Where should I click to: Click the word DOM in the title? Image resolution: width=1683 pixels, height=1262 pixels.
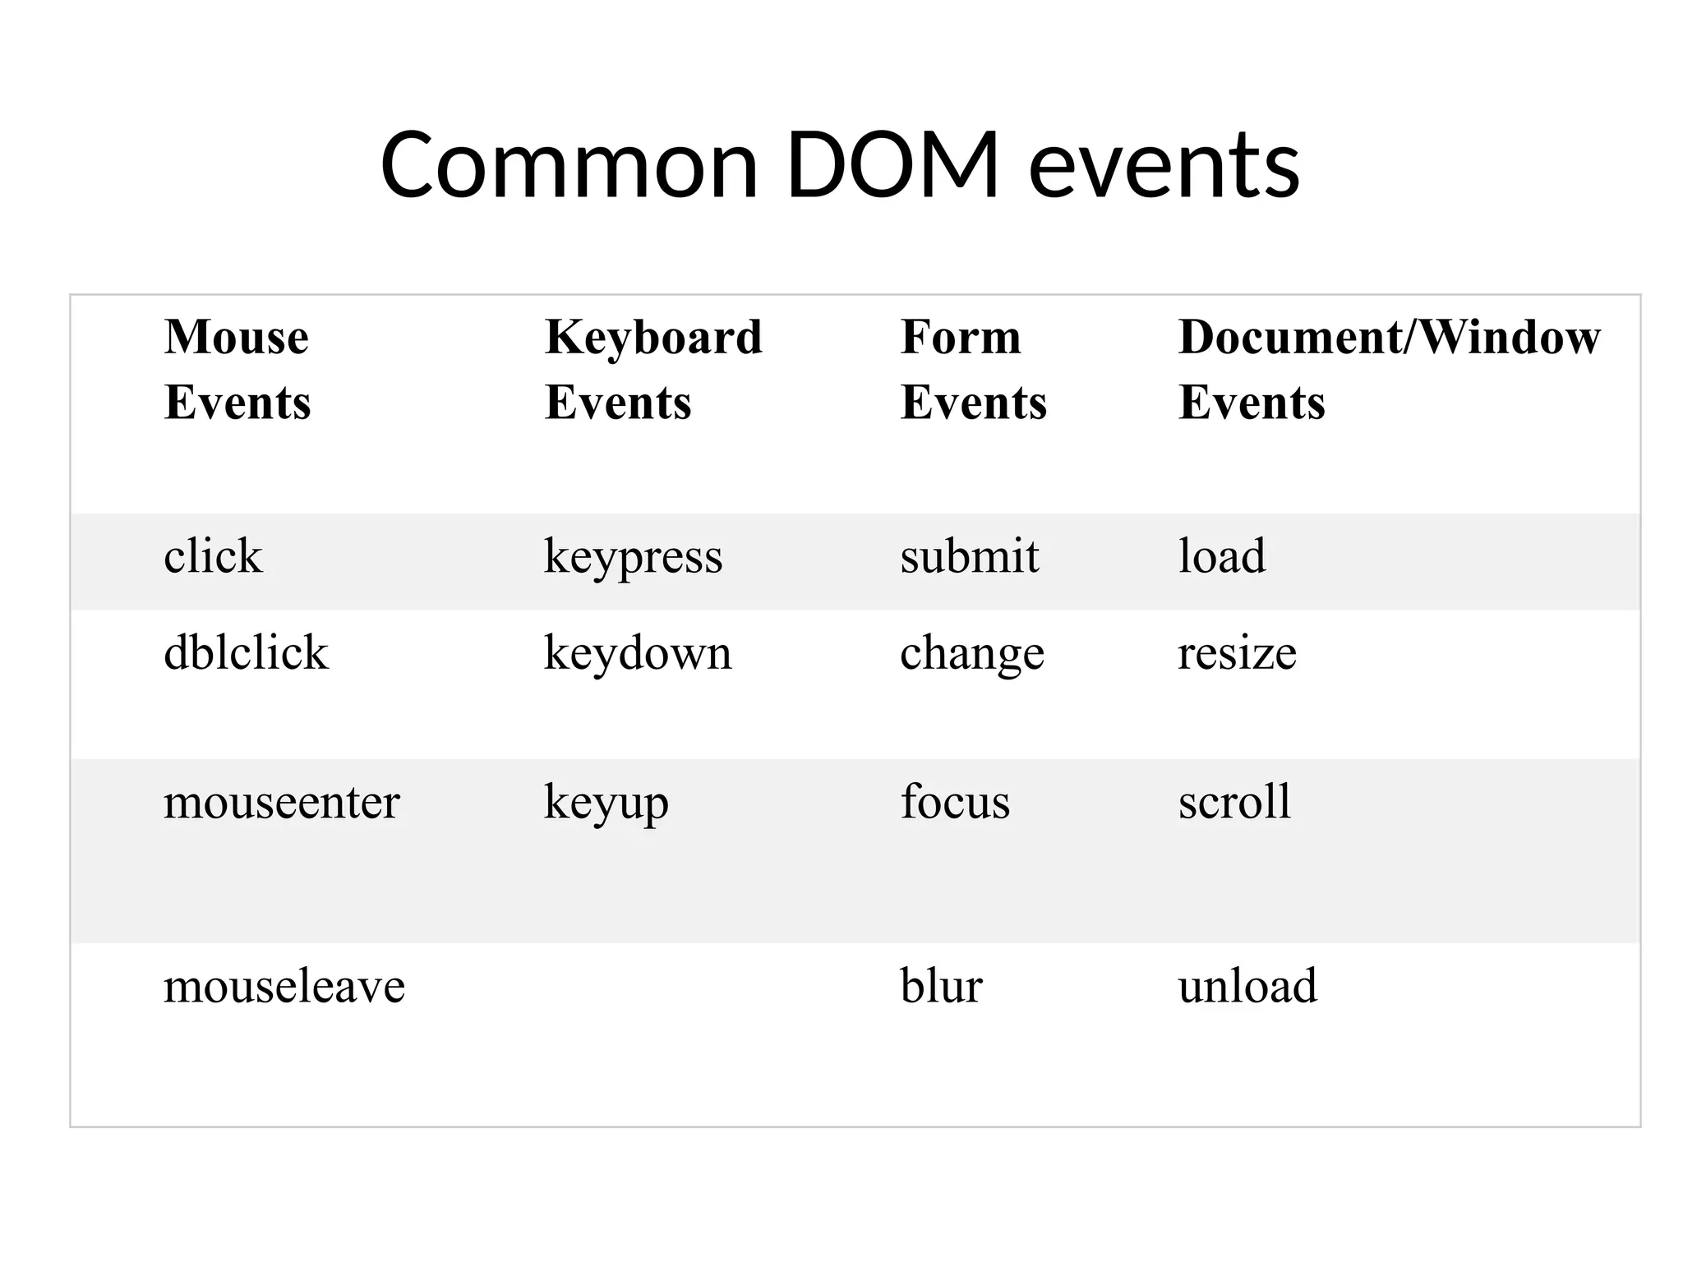(892, 165)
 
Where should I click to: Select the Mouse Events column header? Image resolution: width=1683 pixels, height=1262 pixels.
(237, 369)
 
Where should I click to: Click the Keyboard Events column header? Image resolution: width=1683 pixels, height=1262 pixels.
(653, 369)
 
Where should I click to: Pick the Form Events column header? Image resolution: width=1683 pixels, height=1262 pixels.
(973, 369)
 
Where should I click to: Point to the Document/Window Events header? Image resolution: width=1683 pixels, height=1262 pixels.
(1389, 369)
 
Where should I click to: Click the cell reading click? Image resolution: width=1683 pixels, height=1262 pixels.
(213, 556)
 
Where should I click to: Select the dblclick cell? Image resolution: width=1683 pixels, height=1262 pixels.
(246, 653)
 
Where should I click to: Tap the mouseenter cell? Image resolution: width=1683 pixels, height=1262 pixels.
(281, 802)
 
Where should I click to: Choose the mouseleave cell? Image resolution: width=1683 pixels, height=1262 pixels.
(284, 986)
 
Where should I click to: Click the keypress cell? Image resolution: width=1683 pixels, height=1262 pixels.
(633, 558)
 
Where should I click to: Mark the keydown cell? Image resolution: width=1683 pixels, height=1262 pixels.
(638, 655)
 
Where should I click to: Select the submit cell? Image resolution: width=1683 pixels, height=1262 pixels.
(970, 556)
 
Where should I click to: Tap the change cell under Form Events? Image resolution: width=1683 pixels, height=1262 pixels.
(972, 655)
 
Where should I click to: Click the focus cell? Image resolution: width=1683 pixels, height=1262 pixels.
(955, 802)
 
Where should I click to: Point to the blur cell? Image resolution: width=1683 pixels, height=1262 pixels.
(941, 986)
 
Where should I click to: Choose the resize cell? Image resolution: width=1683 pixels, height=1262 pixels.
(1237, 655)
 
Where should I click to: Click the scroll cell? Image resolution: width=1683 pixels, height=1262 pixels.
(1234, 802)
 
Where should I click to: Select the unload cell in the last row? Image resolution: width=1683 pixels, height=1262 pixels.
(1247, 986)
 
